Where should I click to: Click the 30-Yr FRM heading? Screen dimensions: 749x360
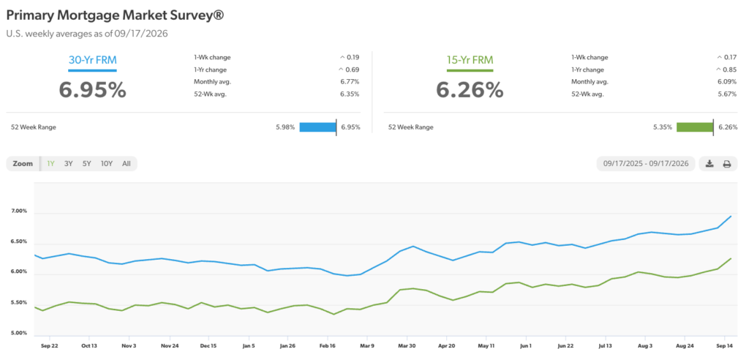(92, 60)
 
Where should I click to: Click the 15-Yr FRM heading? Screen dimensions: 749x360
(470, 60)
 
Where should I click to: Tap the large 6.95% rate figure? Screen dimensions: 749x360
(93, 89)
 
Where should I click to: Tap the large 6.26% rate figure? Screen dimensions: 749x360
(470, 89)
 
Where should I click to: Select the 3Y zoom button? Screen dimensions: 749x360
(68, 163)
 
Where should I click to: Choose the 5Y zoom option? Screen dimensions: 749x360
(86, 163)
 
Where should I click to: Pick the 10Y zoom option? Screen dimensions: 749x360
(107, 163)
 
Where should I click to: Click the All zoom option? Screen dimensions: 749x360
(126, 163)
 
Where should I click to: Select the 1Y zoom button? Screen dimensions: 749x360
(50, 163)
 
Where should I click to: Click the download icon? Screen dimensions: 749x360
(710, 163)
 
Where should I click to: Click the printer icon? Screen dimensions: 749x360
(726, 163)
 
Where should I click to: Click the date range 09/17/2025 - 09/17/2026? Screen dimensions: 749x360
(646, 163)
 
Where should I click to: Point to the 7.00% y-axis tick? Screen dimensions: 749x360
(18, 211)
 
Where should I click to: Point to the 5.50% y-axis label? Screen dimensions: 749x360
(18, 303)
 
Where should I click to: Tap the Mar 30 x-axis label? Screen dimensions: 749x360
(407, 345)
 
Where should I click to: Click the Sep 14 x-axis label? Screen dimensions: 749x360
(725, 345)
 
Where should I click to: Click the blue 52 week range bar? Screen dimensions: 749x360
(317, 127)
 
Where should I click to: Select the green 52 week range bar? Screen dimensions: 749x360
(695, 127)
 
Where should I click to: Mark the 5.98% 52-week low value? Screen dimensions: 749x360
(286, 127)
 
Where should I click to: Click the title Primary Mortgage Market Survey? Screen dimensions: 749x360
(115, 15)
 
